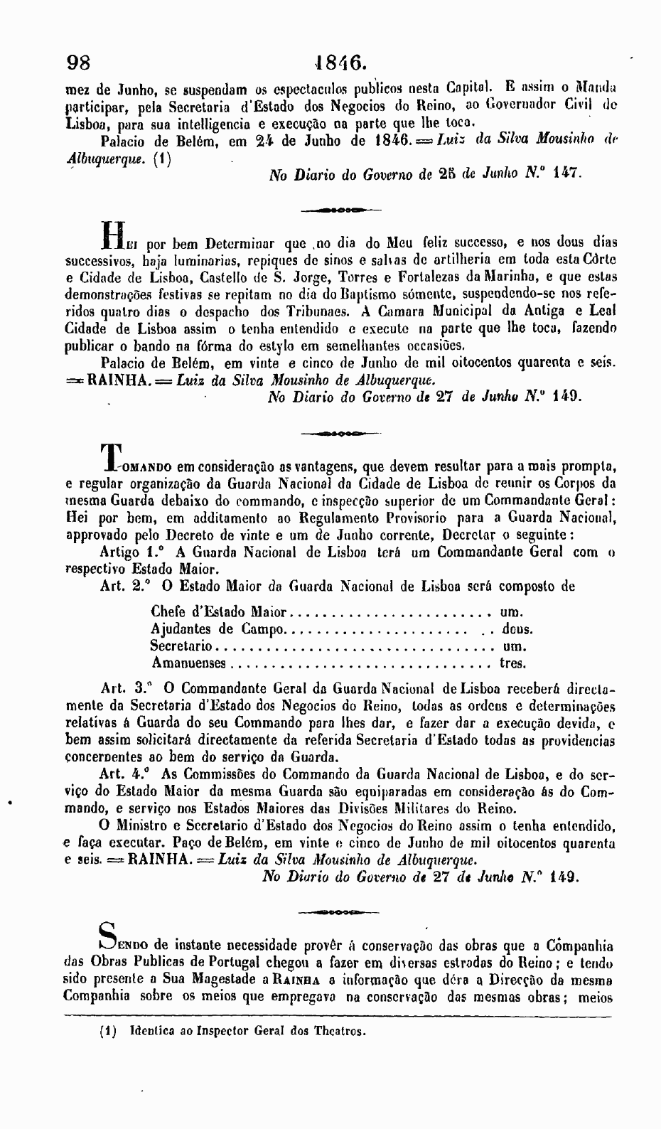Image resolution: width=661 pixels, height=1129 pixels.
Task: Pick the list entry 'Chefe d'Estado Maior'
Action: coord(219,612)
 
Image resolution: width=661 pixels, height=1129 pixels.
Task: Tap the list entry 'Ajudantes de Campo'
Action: coord(217,629)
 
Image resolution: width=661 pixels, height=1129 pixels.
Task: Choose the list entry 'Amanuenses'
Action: coord(189,663)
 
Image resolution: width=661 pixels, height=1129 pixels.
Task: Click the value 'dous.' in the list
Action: coord(517,629)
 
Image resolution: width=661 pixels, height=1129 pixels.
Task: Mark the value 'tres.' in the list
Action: coord(512,663)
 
